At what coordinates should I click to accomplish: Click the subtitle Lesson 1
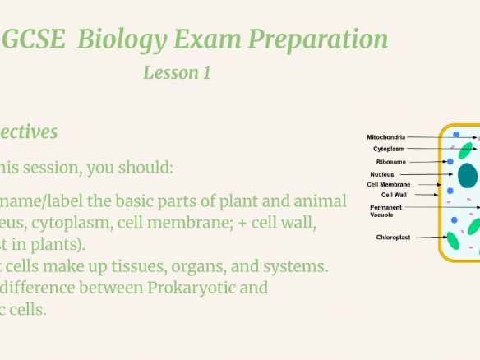177,72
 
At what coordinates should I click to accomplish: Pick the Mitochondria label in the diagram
385,137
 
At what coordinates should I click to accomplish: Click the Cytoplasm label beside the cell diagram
389,150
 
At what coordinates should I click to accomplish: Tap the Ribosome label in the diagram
390,162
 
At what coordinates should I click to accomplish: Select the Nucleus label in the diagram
382,174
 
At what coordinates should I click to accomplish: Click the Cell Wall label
394,195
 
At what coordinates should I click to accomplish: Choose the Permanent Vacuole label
385,211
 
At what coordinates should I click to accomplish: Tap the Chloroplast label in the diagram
393,238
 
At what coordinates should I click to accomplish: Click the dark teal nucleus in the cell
468,175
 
